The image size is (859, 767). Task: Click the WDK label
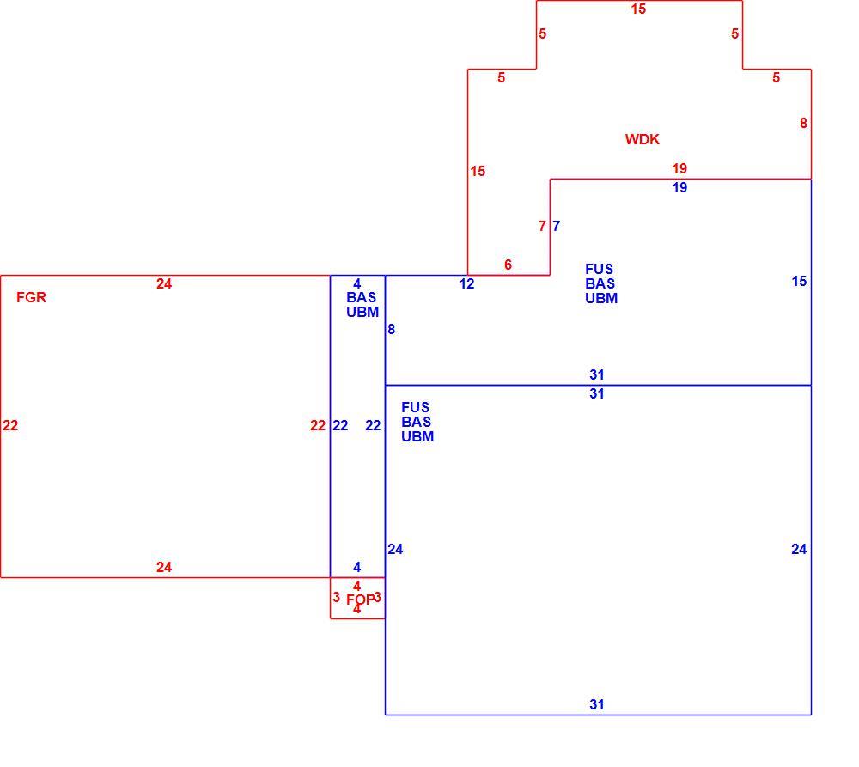642,139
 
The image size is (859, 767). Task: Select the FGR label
31,297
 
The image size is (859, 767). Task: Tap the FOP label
361,600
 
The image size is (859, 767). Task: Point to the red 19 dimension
679,168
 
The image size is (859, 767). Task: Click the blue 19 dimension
679,188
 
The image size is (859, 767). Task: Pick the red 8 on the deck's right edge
803,124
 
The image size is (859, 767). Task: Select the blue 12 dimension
466,283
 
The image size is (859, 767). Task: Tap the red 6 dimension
508,265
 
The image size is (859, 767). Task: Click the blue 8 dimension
391,329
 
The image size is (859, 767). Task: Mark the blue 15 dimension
799,282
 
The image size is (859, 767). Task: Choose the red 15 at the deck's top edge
638,9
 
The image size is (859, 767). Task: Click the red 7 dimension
542,226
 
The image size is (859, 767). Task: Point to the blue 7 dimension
556,226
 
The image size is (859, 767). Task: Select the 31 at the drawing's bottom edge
597,704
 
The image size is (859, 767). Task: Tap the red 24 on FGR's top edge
164,283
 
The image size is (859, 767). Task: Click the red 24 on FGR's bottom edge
164,567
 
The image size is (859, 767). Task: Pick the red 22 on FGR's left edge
10,426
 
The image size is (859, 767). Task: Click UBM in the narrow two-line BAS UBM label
362,313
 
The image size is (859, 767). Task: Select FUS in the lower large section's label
415,408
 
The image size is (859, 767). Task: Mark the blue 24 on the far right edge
799,549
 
